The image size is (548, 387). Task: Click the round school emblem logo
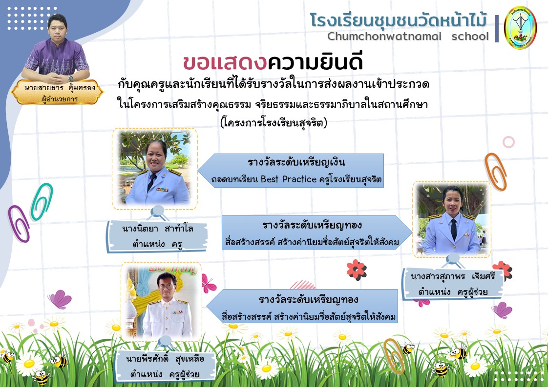click(x=520, y=28)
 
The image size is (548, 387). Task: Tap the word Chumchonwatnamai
click(x=384, y=36)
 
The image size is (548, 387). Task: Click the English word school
click(x=470, y=36)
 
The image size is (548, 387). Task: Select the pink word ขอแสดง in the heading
click(x=225, y=62)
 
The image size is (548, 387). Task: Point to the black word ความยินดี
click(x=315, y=60)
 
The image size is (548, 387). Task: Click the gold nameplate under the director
click(x=58, y=92)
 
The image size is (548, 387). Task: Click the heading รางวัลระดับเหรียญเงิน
click(x=296, y=162)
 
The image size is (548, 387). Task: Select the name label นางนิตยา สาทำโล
click(x=158, y=229)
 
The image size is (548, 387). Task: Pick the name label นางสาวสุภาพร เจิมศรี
click(x=453, y=276)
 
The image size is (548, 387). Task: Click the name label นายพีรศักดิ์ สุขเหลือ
click(x=165, y=358)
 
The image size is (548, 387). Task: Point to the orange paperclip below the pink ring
click(x=496, y=172)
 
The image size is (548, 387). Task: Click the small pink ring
click(x=508, y=142)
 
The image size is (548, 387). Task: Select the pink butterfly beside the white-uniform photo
click(x=209, y=284)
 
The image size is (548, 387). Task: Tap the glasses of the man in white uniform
click(x=167, y=287)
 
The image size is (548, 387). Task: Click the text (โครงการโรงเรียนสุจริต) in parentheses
click(x=274, y=123)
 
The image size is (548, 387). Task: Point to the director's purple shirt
click(x=56, y=58)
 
